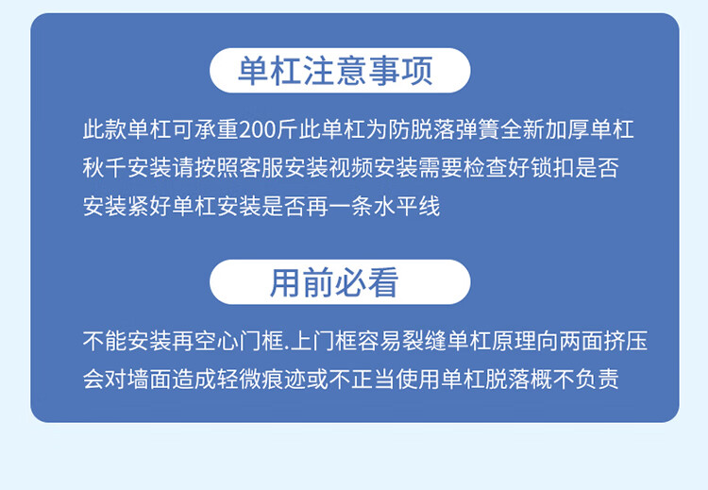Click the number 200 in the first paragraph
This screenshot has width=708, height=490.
[x=258, y=130]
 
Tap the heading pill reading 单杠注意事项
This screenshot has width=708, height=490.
[x=340, y=71]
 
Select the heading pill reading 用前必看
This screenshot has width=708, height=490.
[x=340, y=281]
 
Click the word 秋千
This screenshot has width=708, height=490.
[x=105, y=168]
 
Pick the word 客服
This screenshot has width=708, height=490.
[x=261, y=168]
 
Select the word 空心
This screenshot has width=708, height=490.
[x=217, y=341]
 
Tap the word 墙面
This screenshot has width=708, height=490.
[x=149, y=379]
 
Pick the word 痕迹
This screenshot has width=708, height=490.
[x=283, y=379]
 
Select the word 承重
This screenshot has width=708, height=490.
[x=217, y=130]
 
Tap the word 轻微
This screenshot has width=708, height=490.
[x=239, y=379]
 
